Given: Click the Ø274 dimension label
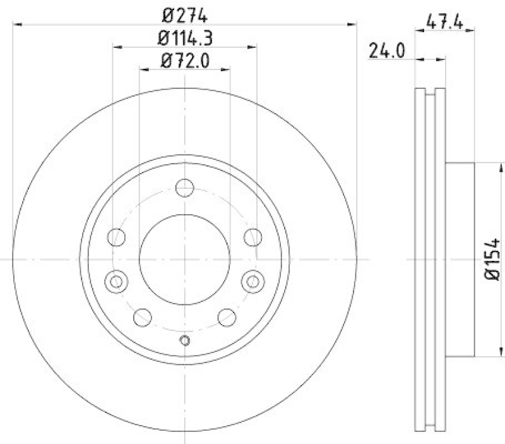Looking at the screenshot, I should [184, 15].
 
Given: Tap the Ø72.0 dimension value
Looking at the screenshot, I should [184, 61].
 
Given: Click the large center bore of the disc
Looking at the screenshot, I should [184, 260].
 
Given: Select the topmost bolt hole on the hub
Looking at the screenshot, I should [184, 188].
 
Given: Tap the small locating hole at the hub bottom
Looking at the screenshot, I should [184, 341].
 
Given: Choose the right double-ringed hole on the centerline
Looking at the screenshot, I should [252, 281].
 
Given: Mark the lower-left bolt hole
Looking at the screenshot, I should [143, 316].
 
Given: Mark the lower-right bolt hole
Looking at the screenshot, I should [226, 316].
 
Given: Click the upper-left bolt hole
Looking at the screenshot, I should [117, 237].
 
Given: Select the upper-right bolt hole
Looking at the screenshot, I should [252, 237].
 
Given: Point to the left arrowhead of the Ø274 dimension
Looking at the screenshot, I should [18, 24].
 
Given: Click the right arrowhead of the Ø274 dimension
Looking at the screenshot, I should [353, 24].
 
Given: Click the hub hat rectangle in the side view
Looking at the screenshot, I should [461, 260].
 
